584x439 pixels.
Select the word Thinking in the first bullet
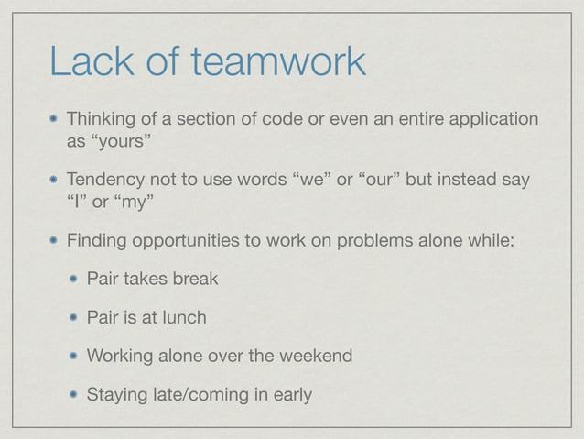103,121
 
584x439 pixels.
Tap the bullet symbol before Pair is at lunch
72,317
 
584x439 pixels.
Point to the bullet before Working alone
72,356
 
